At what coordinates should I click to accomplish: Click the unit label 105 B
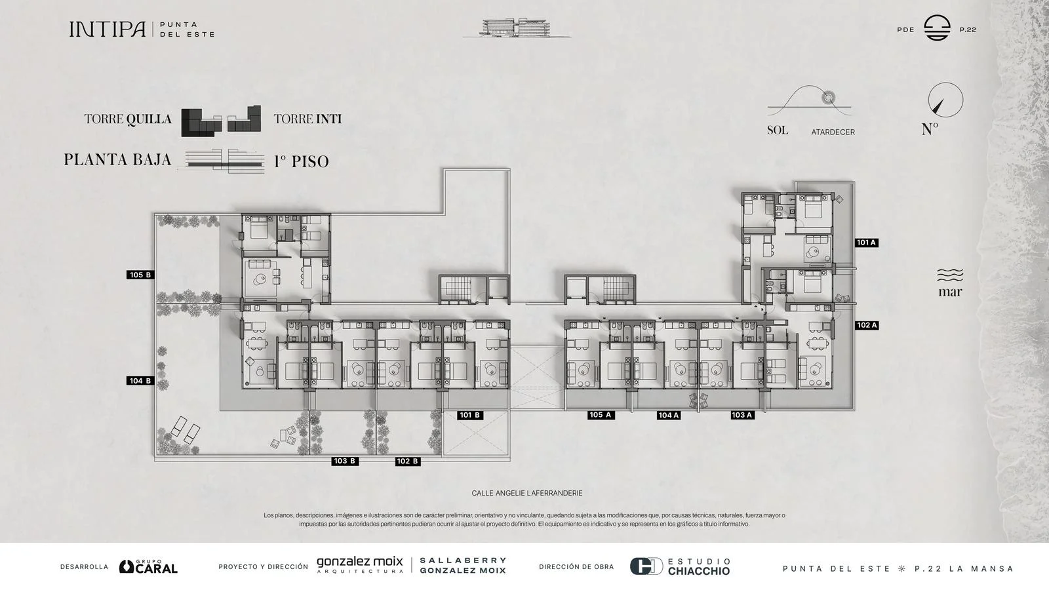(140, 275)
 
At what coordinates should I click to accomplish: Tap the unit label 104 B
(140, 381)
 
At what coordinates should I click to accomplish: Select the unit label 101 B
(469, 415)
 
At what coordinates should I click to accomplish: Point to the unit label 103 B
(345, 461)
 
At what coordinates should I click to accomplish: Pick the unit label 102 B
(407, 462)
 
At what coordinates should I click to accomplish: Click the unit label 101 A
(866, 243)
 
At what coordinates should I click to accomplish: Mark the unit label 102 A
(867, 325)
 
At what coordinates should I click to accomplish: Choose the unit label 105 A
(601, 415)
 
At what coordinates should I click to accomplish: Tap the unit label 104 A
(668, 415)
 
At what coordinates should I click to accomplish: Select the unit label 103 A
(742, 415)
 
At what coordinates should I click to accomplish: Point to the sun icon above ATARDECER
(829, 98)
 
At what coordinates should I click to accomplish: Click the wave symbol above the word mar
(950, 275)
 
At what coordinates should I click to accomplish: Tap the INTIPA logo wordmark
(108, 29)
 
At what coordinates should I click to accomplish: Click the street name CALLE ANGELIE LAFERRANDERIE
(527, 493)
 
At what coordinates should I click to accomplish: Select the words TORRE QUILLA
(128, 119)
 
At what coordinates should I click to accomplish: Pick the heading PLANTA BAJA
(117, 160)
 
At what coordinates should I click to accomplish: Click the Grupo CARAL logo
(148, 566)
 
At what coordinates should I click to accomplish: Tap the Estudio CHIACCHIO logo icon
(646, 566)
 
